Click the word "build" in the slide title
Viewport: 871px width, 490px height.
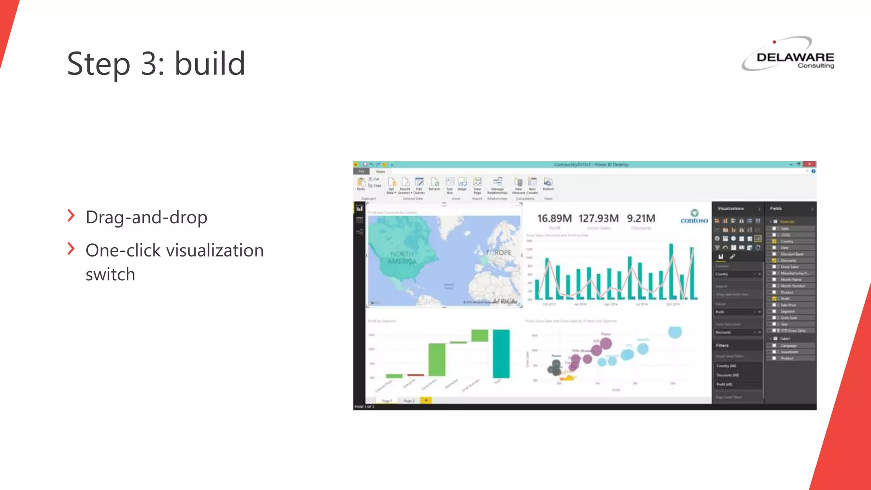point(210,64)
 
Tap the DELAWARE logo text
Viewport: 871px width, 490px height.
point(795,57)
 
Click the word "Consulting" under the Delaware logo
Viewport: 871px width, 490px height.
point(816,66)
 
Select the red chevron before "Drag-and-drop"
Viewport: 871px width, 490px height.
point(71,216)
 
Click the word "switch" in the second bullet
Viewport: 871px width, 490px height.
point(110,274)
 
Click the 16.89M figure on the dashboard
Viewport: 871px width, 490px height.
point(554,218)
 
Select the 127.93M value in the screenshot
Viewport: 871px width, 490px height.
point(598,218)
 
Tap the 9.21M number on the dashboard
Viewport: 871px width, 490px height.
point(641,218)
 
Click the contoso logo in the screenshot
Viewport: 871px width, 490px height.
point(694,217)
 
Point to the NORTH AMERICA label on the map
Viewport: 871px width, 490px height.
point(402,258)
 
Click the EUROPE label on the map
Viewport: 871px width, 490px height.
point(499,253)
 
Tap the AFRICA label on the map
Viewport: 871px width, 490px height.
point(504,301)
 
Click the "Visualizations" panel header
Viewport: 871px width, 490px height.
point(731,208)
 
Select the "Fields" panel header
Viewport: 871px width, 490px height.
point(776,208)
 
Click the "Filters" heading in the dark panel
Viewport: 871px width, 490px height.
point(722,345)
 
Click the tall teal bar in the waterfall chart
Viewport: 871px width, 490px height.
point(501,353)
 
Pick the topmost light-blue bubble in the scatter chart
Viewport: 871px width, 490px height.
point(675,332)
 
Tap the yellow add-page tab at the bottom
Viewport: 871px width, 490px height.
point(426,400)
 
